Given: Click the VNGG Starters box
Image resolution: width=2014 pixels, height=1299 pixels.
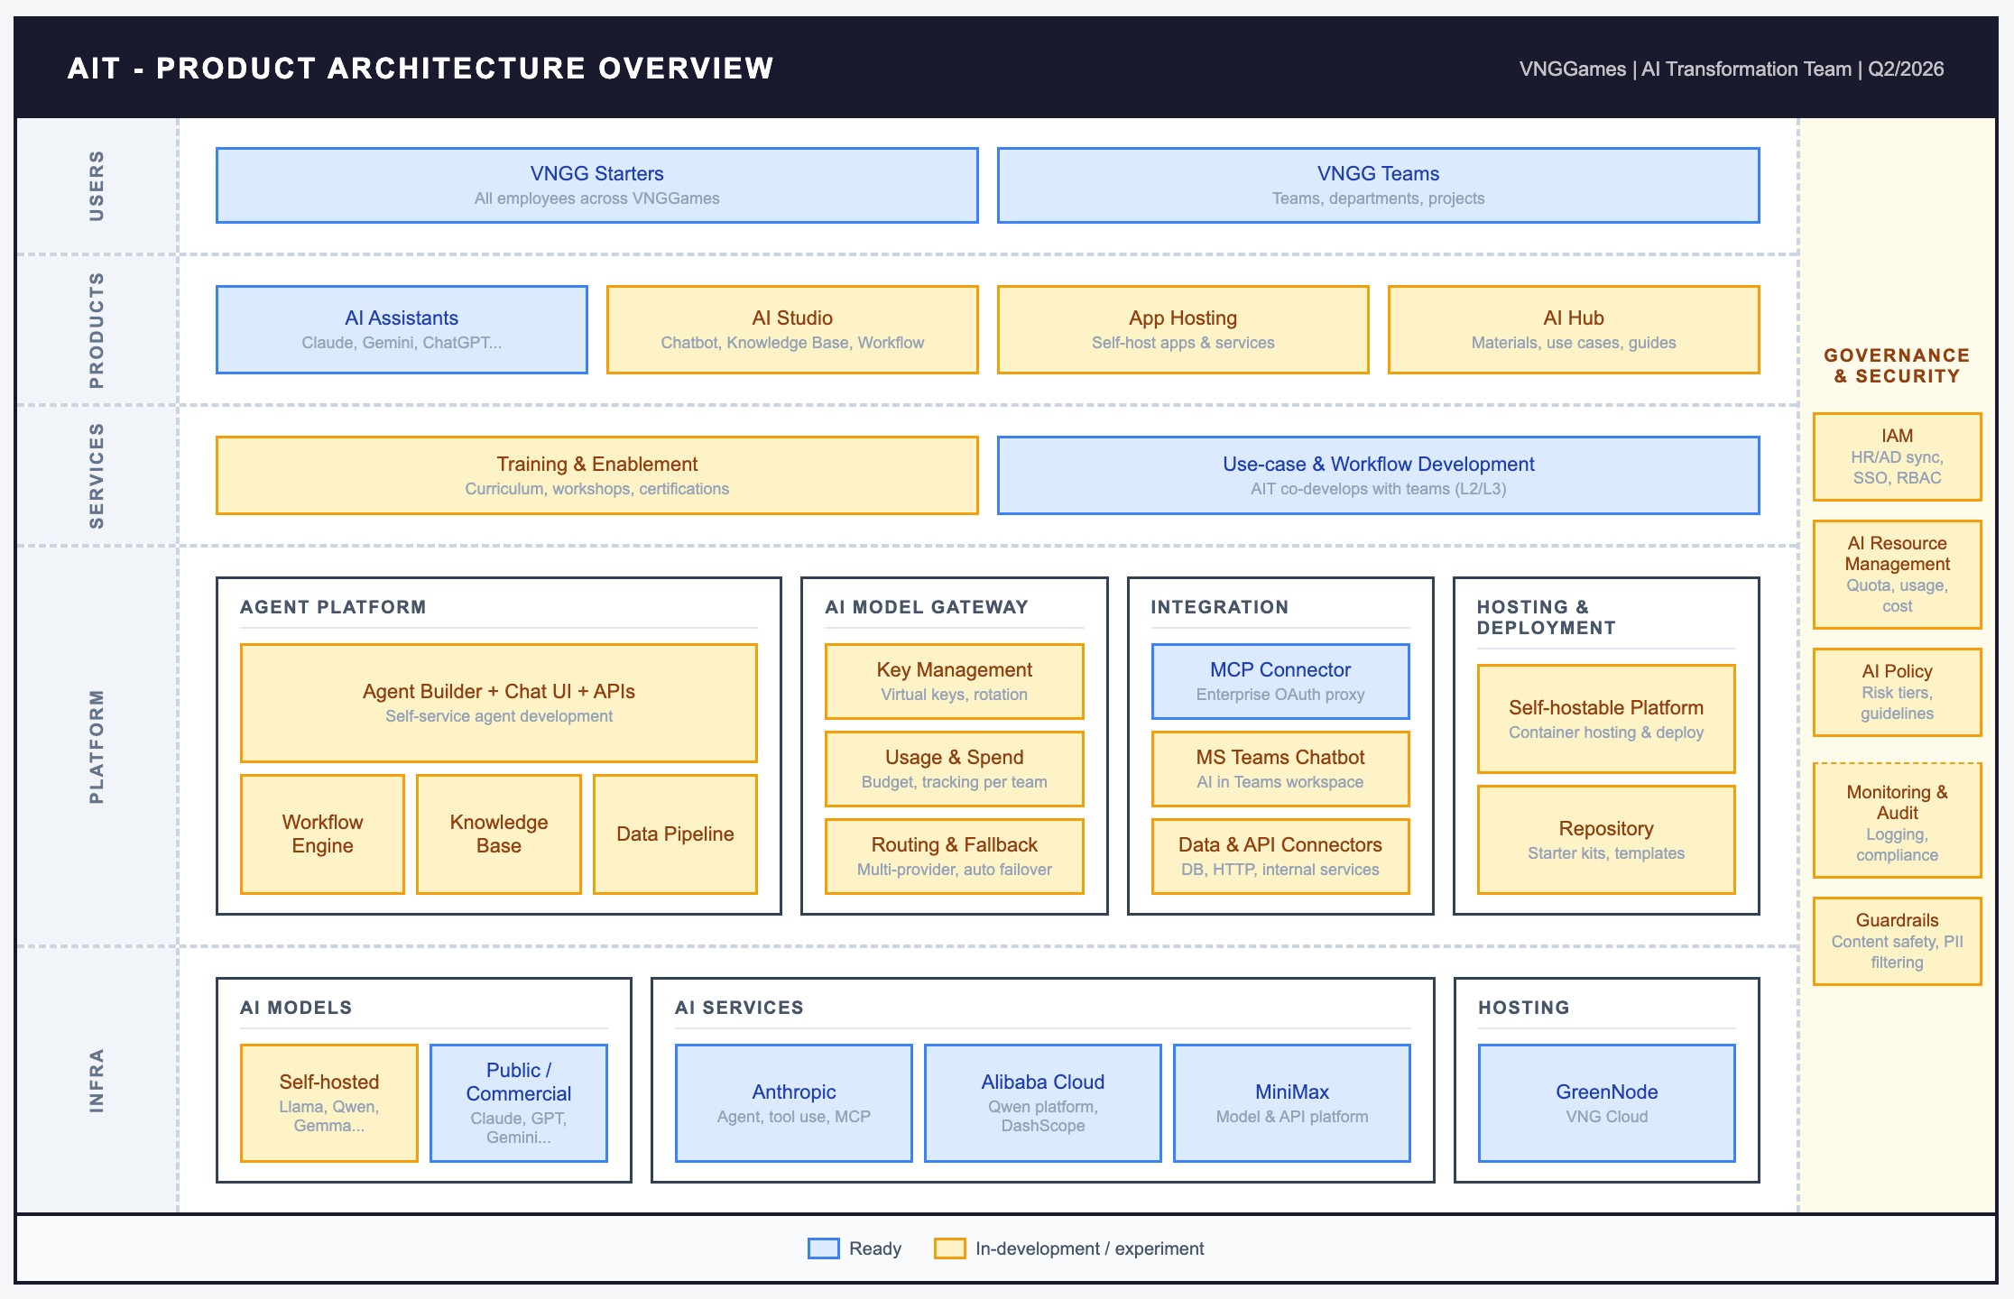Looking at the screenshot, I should [596, 185].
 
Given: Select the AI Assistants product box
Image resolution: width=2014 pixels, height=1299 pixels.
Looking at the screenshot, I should [402, 329].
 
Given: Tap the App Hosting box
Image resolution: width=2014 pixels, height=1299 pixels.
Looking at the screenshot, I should [1182, 329].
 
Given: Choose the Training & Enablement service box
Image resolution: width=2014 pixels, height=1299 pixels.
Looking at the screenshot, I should [596, 475].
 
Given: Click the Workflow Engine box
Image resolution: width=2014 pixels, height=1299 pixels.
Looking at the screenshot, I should [322, 834].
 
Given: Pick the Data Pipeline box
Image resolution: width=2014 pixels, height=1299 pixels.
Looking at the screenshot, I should [675, 834].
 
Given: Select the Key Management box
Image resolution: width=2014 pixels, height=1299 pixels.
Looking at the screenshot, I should [954, 681].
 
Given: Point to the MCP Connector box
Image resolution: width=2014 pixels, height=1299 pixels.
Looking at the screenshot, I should [1280, 681].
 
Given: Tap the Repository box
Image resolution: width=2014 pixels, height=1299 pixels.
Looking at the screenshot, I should [1605, 839].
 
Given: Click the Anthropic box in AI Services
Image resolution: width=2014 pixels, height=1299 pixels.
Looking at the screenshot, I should [793, 1102].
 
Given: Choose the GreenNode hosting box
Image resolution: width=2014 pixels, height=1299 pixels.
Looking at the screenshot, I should [1606, 1102].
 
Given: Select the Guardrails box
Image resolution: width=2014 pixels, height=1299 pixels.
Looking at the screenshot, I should [1897, 940].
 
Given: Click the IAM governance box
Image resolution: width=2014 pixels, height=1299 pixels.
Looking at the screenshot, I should [1897, 456].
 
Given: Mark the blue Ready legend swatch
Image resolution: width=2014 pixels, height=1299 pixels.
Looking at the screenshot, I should [823, 1248].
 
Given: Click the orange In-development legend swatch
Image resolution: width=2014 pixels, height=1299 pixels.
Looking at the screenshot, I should [949, 1248].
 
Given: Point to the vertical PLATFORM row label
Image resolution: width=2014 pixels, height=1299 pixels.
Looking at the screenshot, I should [97, 746].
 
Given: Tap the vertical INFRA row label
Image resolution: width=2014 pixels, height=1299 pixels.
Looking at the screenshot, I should [97, 1080].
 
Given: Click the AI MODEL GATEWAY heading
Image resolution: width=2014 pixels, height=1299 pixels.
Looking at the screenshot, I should [927, 607].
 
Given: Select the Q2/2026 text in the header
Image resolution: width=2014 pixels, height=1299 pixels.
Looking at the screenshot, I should [1906, 69].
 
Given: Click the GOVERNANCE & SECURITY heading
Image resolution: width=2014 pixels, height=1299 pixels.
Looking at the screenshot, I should [1897, 365].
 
